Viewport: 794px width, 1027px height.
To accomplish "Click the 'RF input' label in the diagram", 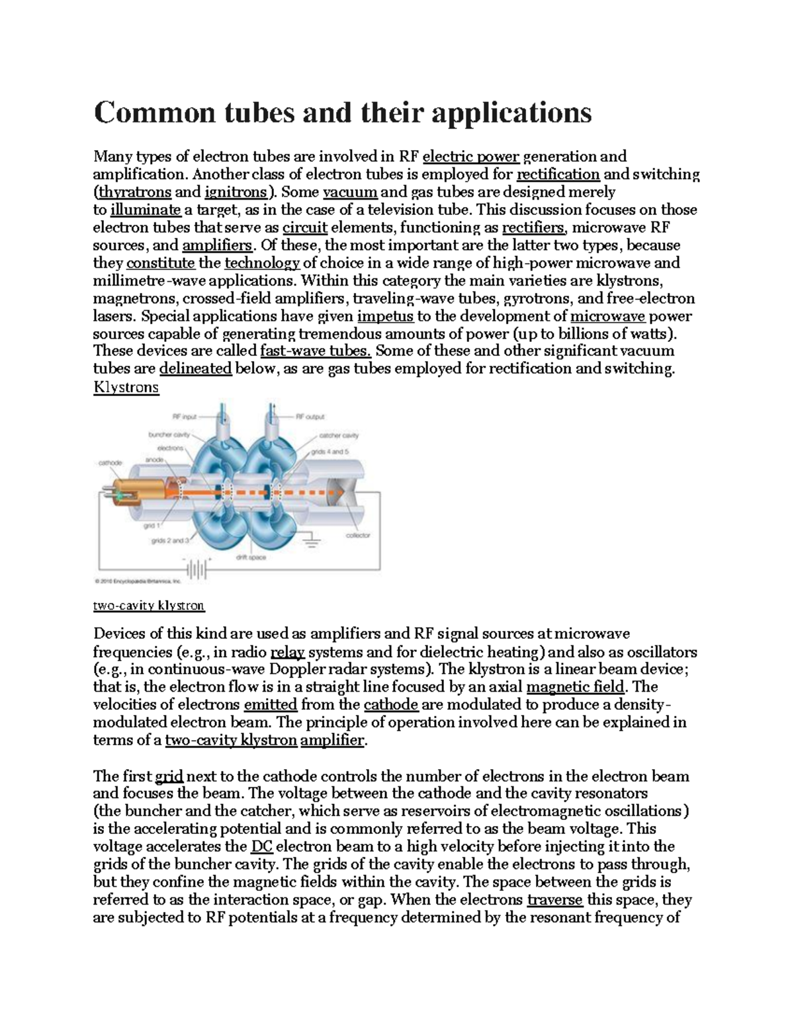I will click(185, 417).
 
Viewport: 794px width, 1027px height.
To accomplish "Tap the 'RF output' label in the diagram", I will click(309, 417).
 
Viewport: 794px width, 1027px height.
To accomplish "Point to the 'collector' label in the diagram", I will click(358, 535).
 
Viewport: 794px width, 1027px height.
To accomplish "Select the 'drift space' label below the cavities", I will click(251, 557).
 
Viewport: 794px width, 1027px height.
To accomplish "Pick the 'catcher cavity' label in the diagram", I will click(339, 435).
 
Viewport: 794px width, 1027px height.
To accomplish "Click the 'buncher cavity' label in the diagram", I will click(168, 435).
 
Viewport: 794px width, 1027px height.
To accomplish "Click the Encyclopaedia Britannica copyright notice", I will click(138, 582).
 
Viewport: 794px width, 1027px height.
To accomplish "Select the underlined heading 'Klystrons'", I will click(126, 387).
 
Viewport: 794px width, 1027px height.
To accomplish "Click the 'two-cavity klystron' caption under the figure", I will click(149, 605).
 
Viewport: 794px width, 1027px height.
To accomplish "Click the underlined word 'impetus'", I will click(385, 316).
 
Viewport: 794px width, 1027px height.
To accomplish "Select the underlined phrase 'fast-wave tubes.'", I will click(316, 351).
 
